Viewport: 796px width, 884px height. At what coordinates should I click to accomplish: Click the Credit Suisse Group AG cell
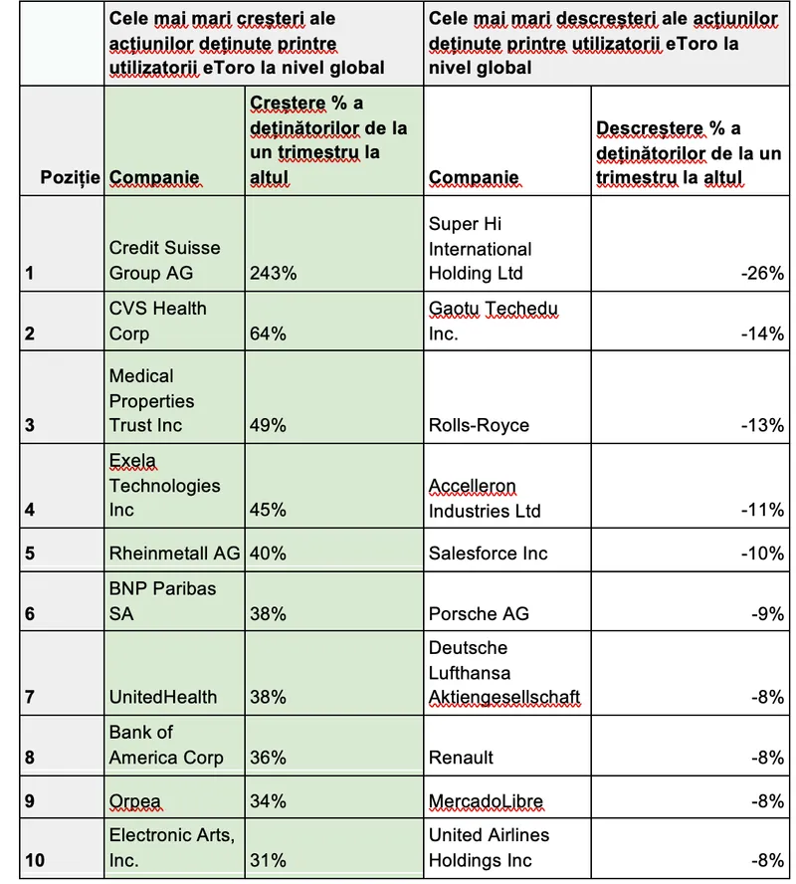tap(164, 260)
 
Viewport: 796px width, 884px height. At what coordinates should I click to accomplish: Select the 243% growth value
tap(273, 273)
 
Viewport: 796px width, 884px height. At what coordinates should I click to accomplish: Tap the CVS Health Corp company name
tap(157, 321)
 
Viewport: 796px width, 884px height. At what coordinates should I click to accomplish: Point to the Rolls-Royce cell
tap(479, 425)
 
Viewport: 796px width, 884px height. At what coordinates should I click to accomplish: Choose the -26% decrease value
tap(762, 273)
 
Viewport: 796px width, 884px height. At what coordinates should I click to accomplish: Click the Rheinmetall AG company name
tap(174, 553)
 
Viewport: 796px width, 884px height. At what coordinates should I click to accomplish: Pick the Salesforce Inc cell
tap(488, 553)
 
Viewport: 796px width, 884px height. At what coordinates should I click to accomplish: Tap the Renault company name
tap(461, 758)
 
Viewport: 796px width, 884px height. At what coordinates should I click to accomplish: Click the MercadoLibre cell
tap(486, 801)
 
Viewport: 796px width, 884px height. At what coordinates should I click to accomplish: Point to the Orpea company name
tap(134, 801)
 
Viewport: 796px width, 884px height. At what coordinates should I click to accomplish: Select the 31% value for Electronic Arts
tap(268, 861)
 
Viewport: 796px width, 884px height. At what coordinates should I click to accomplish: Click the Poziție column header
tap(70, 177)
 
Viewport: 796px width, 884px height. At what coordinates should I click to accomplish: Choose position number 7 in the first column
tap(30, 698)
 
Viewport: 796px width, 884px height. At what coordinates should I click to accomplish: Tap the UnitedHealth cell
tap(162, 698)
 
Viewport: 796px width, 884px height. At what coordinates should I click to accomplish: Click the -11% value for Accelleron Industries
tap(762, 511)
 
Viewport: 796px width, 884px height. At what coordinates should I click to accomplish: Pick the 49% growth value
tap(268, 425)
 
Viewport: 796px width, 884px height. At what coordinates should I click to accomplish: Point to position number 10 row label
tap(35, 861)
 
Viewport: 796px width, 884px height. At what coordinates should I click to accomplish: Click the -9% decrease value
tap(767, 614)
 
